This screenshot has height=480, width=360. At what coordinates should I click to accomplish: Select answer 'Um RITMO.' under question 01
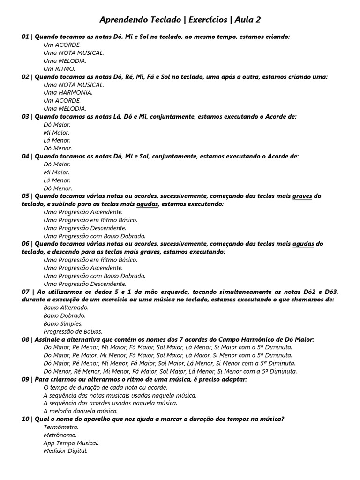click(x=59, y=69)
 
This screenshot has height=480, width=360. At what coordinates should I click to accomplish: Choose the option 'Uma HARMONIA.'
click(x=68, y=93)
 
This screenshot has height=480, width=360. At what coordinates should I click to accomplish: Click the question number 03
click(x=25, y=117)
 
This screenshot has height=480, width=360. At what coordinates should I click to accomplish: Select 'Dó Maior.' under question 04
click(x=57, y=165)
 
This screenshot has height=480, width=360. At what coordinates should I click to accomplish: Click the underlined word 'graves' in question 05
click(x=302, y=196)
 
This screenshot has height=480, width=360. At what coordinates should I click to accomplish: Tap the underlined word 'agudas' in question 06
click(x=303, y=244)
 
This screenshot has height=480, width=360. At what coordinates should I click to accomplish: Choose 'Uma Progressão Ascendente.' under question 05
click(x=83, y=212)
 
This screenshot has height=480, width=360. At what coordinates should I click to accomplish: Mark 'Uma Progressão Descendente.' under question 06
click(x=85, y=284)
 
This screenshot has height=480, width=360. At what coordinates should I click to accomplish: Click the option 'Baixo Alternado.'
click(x=66, y=308)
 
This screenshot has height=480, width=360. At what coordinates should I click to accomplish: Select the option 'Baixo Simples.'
click(x=63, y=324)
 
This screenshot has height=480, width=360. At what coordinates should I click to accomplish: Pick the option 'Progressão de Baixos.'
click(x=73, y=332)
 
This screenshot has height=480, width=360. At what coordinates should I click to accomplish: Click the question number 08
click(x=25, y=340)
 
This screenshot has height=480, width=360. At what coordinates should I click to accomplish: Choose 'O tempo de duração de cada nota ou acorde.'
click(x=105, y=388)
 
